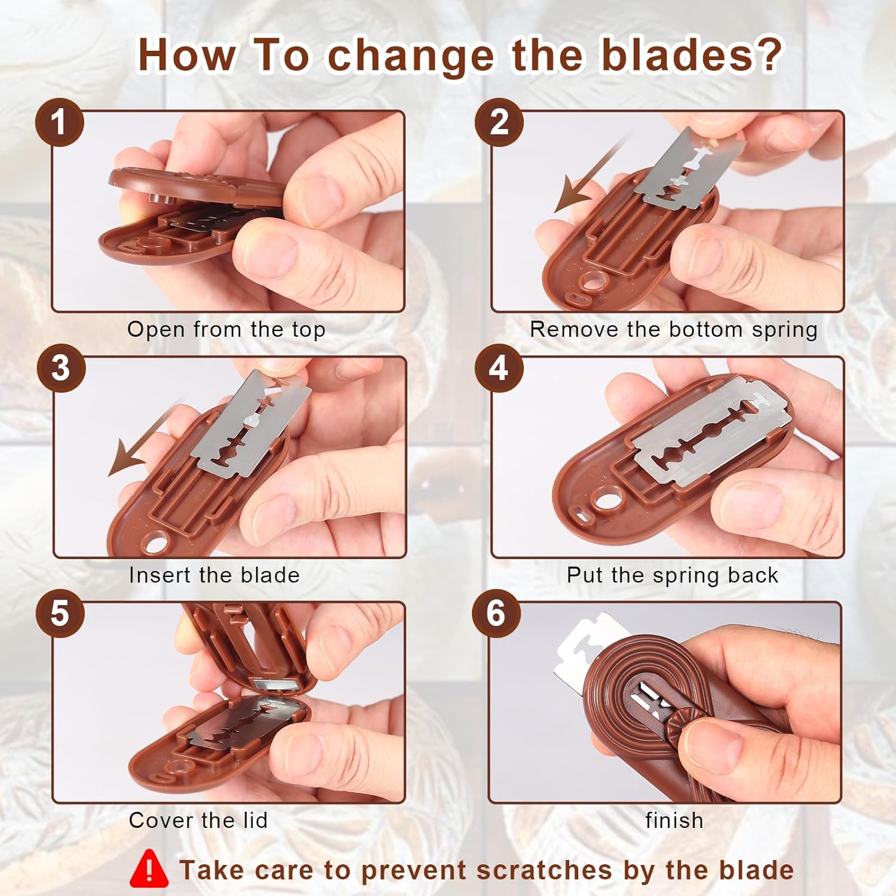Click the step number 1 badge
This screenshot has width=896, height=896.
(59, 122)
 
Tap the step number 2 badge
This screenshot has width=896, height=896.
(499, 122)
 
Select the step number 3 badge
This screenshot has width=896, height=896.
(60, 368)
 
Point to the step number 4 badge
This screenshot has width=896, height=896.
(499, 368)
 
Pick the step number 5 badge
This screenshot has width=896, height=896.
(59, 613)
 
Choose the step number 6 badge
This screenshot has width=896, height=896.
(496, 613)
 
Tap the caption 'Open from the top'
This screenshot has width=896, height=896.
(226, 330)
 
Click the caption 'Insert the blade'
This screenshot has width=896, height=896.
(214, 575)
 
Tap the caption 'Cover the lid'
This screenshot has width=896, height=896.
(198, 821)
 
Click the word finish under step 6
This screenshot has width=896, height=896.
(674, 821)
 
